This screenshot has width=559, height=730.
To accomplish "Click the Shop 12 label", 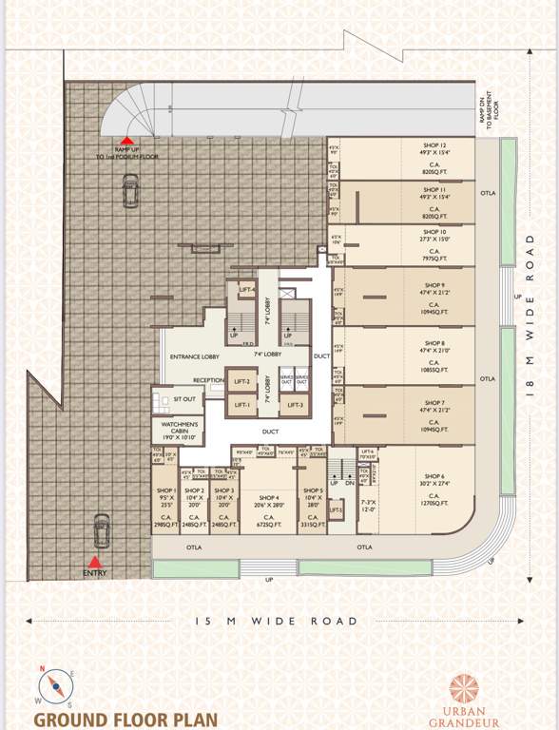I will (x=435, y=145).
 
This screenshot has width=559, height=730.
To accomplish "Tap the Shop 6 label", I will (x=435, y=475).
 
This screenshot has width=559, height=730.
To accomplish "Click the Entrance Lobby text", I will (x=194, y=356).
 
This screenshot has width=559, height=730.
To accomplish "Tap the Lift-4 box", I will (x=247, y=290).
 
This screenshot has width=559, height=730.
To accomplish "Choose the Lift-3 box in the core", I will (x=296, y=406).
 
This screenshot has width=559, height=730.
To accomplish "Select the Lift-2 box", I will (x=241, y=382).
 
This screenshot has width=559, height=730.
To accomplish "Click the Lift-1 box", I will (x=241, y=406).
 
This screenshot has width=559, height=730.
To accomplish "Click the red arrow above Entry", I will (x=94, y=562).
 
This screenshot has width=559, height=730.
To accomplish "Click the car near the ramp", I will (x=127, y=191).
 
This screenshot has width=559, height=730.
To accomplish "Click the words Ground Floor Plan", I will (x=125, y=719).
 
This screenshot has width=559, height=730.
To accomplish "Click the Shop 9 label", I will (x=434, y=285).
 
